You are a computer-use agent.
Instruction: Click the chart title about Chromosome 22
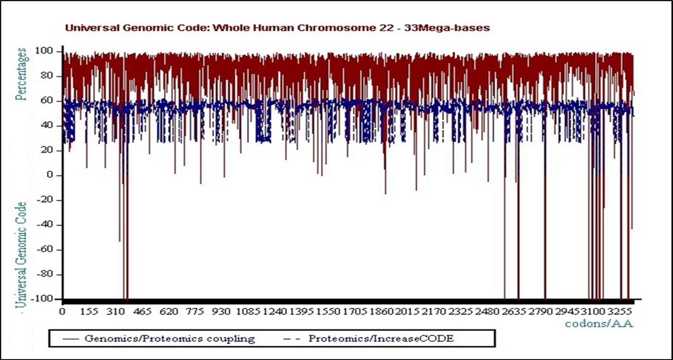[277, 28]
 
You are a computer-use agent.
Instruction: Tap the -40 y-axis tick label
[49, 225]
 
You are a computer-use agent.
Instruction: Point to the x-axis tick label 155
[89, 312]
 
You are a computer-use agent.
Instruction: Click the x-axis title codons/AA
[599, 324]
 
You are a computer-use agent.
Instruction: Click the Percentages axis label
[21, 74]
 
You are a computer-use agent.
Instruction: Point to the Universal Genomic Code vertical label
[21, 254]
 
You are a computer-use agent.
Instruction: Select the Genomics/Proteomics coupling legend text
[169, 339]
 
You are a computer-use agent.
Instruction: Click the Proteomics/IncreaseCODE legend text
[381, 339]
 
